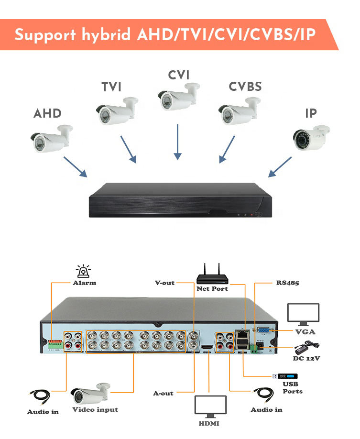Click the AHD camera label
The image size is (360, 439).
point(47,114)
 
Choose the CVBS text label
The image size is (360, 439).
point(245,87)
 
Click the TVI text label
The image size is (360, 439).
point(111,88)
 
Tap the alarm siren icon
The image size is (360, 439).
point(84,271)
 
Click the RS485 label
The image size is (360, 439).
point(287,283)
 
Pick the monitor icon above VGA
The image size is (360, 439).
point(303,315)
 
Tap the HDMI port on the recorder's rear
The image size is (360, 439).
point(207,347)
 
